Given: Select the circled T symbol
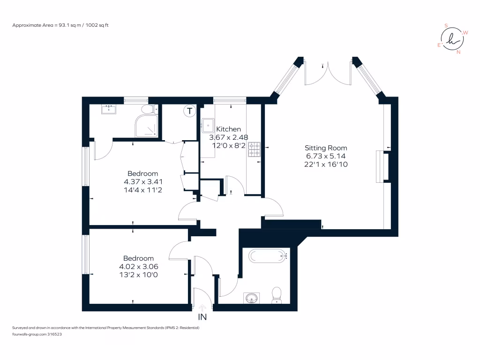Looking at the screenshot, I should click(x=189, y=111).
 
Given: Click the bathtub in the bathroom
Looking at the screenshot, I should click(x=268, y=256).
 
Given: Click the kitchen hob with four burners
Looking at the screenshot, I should click(x=254, y=149).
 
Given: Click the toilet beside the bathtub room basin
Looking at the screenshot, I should click(x=277, y=295).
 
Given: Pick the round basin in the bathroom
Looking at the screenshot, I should click(x=252, y=298).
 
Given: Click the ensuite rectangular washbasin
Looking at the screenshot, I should click(x=109, y=109).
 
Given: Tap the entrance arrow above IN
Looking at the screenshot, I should click(x=202, y=307).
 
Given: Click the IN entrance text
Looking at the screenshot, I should click(x=202, y=317).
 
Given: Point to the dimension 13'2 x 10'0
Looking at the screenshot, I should click(x=138, y=275).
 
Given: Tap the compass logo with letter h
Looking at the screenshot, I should click(x=452, y=39).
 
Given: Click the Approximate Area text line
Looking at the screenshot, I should click(x=60, y=25).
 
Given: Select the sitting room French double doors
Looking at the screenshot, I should click(x=328, y=73).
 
